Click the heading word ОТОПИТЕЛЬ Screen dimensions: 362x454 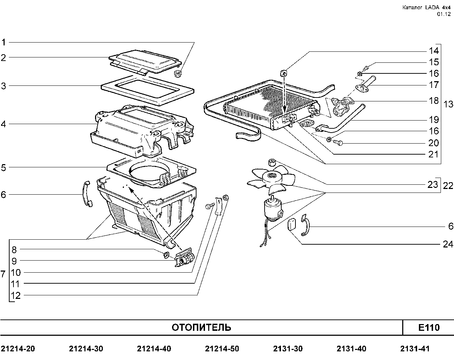coord(201,327)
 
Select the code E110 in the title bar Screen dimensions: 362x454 coord(429,327)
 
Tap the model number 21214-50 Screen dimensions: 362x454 coord(222,349)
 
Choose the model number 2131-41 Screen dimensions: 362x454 coord(415,349)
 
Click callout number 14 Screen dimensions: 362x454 coord(434,50)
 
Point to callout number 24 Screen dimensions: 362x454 coord(448,244)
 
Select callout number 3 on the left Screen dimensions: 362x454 coord(4,85)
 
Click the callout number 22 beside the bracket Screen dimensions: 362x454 coord(448,185)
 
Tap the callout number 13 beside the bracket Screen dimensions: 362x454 coord(448,104)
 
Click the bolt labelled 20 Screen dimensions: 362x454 coord(337,143)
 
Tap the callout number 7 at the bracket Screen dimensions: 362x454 coord(3,274)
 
